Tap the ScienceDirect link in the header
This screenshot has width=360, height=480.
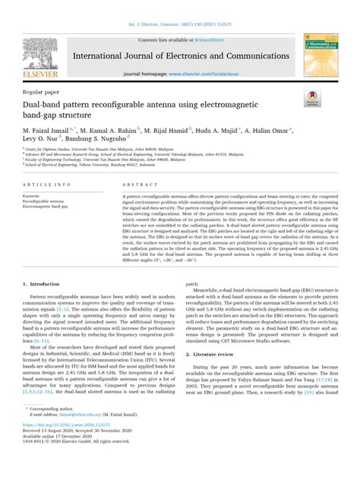click(x=216, y=37)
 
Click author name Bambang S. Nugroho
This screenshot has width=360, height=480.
click(x=106, y=141)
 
